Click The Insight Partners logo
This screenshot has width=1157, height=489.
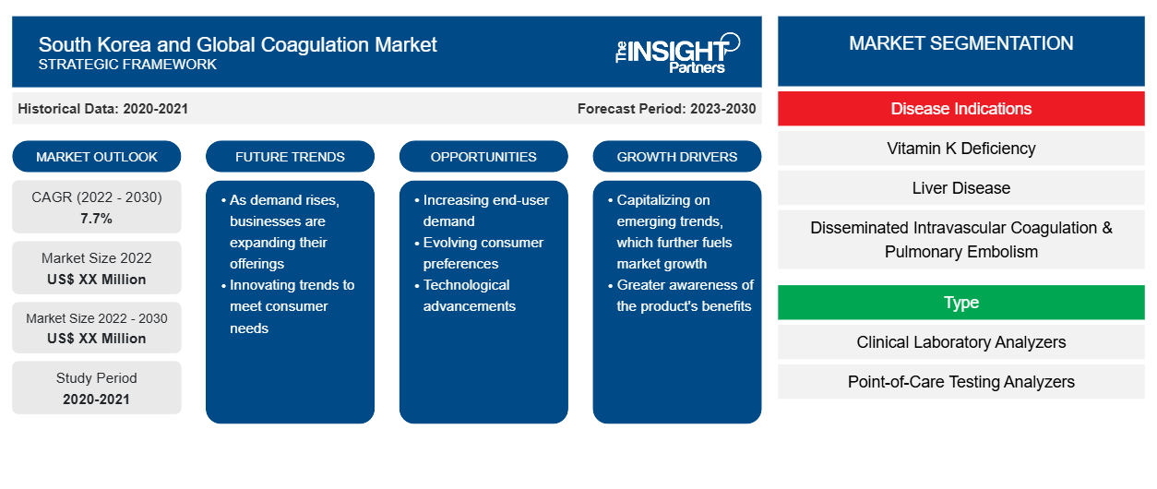[677, 54]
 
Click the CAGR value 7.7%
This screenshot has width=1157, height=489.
[96, 219]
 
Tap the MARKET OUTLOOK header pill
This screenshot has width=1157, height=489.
[97, 157]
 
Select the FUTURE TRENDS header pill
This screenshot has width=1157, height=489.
[290, 157]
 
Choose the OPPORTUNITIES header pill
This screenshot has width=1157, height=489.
[483, 157]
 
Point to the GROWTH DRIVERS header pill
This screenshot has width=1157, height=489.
[676, 157]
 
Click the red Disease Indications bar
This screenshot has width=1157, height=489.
[960, 109]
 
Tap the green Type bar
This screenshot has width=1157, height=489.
[960, 302]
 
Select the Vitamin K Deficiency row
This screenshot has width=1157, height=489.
[960, 149]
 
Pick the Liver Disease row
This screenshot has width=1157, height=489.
[960, 188]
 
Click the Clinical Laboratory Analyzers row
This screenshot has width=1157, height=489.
[960, 341]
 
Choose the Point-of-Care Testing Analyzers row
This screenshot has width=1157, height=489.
[960, 382]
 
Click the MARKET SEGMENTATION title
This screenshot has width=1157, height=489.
[960, 43]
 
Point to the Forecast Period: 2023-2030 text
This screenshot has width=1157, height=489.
[666, 109]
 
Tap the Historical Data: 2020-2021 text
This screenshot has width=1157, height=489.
[102, 109]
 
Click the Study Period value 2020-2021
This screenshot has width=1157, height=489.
[96, 400]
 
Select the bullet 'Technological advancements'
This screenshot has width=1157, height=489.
[469, 295]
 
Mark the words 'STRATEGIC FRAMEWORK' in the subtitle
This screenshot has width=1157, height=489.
[127, 65]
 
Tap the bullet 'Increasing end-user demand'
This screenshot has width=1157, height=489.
[485, 210]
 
